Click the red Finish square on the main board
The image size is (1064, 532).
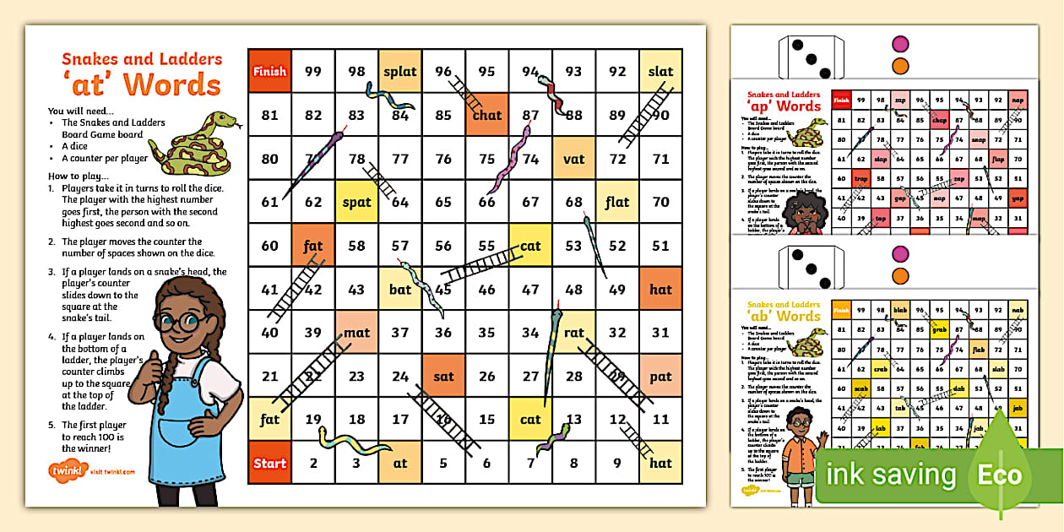(269, 71)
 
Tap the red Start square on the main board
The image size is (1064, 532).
(269, 463)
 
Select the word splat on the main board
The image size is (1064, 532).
(400, 71)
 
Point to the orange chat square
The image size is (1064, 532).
(487, 115)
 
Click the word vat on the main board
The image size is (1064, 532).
(574, 158)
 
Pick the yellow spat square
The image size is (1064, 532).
(356, 202)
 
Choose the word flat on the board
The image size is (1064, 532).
(617, 202)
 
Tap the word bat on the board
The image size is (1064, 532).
(400, 289)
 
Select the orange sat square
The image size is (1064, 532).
(443, 376)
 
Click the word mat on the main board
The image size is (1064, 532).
(356, 333)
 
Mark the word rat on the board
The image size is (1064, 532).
(574, 333)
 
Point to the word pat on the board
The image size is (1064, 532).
(661, 376)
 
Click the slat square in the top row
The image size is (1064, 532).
(661, 71)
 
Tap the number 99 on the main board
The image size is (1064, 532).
(313, 71)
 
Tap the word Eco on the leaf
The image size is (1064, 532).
(1000, 475)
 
